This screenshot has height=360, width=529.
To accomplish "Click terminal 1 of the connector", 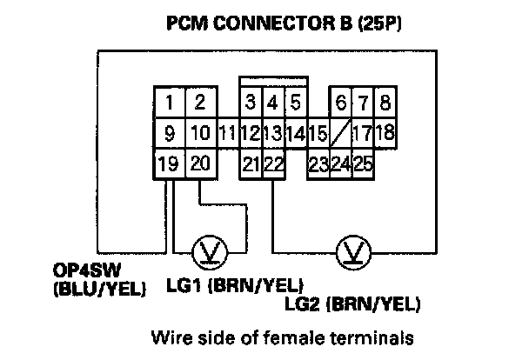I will (171, 103).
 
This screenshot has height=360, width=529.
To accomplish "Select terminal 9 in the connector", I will (171, 135).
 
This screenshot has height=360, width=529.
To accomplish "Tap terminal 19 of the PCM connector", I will (171, 163).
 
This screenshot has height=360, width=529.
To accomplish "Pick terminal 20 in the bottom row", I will (199, 163).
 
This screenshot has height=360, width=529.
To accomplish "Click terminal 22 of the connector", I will (273, 163).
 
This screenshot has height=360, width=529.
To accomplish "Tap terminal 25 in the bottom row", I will (363, 163).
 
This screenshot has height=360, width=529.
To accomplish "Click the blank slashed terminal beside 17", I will (341, 134).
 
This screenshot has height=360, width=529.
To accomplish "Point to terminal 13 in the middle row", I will (272, 135).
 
